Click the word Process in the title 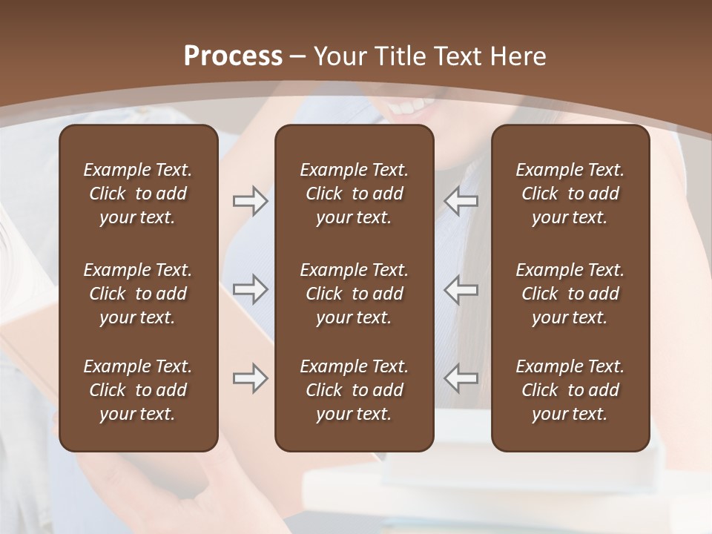(233, 56)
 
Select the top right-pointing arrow (250, 201)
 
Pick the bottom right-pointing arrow (250, 378)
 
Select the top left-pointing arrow (461, 201)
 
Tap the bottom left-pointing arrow (461, 378)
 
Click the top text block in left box (138, 194)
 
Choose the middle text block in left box (138, 294)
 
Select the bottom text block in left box (138, 390)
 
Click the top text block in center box (354, 194)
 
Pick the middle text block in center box (354, 294)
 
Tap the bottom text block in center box (354, 390)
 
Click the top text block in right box (570, 194)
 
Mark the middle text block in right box (570, 294)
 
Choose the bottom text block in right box (570, 390)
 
